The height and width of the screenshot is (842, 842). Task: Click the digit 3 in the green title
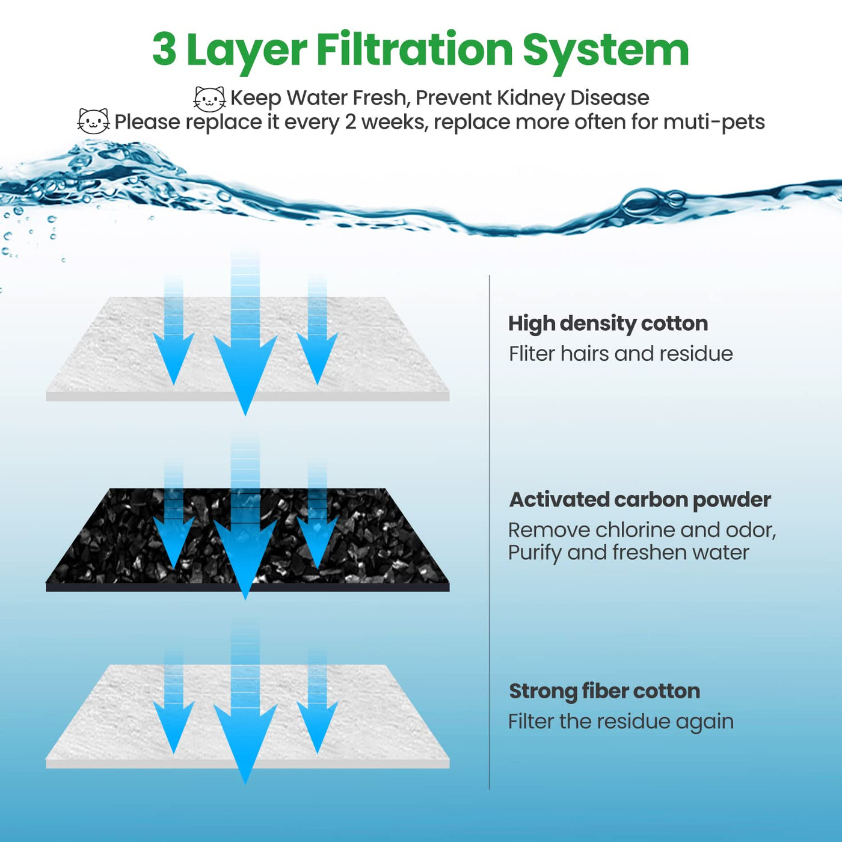click(164, 49)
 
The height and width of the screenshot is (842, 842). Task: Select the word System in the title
click(605, 51)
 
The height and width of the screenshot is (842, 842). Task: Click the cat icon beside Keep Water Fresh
click(209, 99)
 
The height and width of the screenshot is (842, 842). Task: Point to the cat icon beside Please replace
click(94, 121)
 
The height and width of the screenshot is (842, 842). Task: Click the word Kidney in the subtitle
click(530, 98)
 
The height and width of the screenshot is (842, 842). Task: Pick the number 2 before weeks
click(351, 122)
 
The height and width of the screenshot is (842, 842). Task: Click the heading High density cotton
click(607, 324)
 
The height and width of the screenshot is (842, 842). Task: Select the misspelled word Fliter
click(532, 354)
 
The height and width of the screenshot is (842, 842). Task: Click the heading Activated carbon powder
click(639, 500)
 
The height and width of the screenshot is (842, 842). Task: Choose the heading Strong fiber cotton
click(604, 691)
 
